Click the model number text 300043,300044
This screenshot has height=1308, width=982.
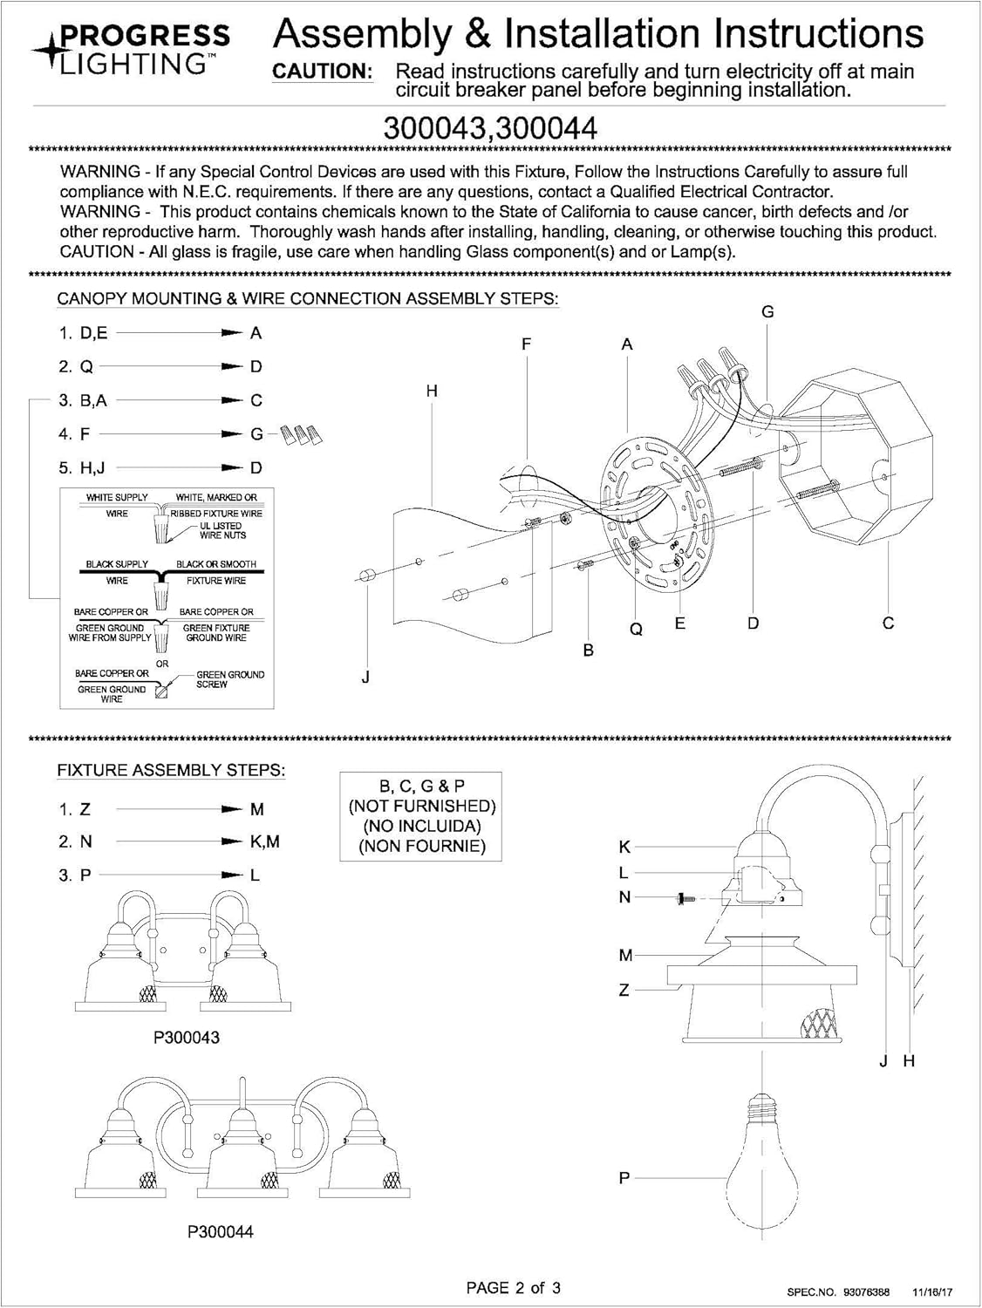pyautogui.click(x=491, y=128)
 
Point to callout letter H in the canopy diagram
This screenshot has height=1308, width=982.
pyautogui.click(x=432, y=392)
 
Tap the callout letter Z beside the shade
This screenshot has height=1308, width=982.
pyautogui.click(x=624, y=991)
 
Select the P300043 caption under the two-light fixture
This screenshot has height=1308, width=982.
pyautogui.click(x=187, y=1038)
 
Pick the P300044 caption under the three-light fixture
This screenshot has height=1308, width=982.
pyautogui.click(x=221, y=1232)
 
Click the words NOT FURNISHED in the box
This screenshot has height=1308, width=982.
pyautogui.click(x=421, y=806)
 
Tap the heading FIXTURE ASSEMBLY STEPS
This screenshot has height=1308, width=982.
pyautogui.click(x=171, y=771)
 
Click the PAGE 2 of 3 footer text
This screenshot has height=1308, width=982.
pyautogui.click(x=514, y=1287)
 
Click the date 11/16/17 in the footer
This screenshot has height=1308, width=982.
pyautogui.click(x=932, y=1291)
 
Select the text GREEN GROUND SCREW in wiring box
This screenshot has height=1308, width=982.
pyautogui.click(x=229, y=679)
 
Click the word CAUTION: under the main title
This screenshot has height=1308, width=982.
pyautogui.click(x=323, y=72)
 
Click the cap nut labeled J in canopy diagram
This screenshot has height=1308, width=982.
pyautogui.click(x=366, y=575)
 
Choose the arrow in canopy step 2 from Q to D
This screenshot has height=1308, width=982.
pyautogui.click(x=170, y=366)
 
